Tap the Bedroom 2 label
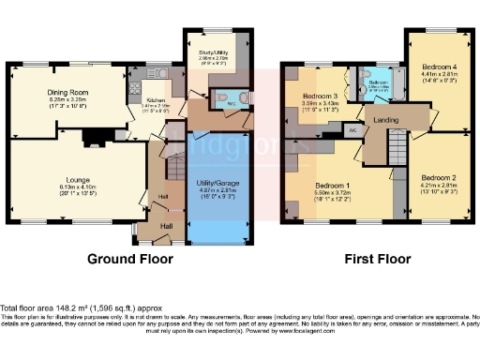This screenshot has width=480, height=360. [x=437, y=177]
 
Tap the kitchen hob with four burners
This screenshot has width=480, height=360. [x=135, y=92]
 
